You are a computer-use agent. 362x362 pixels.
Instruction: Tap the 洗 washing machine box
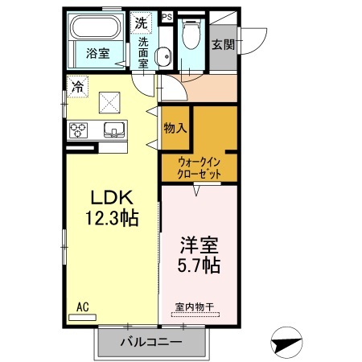point(142,21)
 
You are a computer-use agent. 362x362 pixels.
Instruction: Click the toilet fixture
point(191,37)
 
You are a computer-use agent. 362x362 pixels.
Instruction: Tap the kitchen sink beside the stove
point(112,130)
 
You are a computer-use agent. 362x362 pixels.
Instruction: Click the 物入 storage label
point(175,127)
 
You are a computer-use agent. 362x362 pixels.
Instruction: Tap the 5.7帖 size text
point(198,265)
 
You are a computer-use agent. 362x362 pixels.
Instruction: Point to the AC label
point(83,306)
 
